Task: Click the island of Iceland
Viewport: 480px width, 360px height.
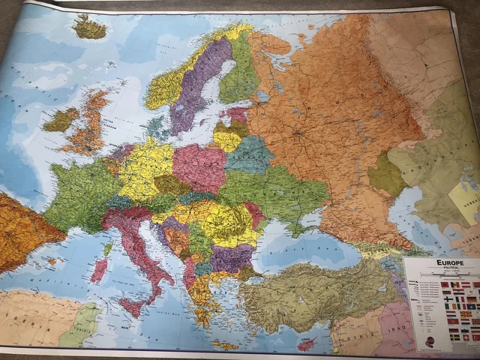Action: coord(89,28)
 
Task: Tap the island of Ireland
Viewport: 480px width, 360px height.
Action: coord(61,118)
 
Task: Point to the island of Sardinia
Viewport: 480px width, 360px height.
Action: coord(99,271)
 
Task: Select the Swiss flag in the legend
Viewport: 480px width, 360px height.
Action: coord(466,337)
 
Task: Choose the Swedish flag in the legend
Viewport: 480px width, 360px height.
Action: coord(454,337)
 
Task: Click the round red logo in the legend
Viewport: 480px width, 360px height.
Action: coord(430,341)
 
